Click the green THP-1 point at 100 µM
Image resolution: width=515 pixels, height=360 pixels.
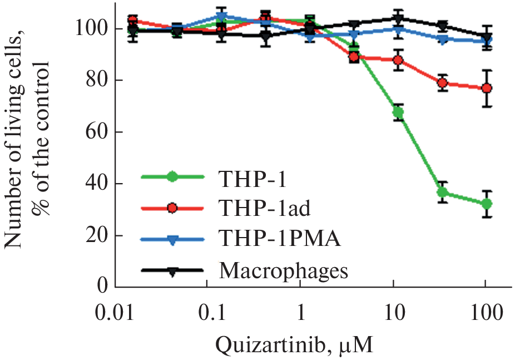pyautogui.click(x=487, y=204)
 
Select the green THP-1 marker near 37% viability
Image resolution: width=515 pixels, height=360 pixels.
pyautogui.click(x=442, y=193)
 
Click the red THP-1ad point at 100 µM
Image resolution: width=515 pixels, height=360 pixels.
pyautogui.click(x=487, y=88)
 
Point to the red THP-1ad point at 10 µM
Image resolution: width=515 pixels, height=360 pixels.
pyautogui.click(x=398, y=60)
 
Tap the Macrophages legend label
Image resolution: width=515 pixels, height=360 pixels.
pyautogui.click(x=284, y=272)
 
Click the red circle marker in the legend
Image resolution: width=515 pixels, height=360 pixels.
pyautogui.click(x=172, y=208)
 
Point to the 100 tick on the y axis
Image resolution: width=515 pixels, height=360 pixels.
pyautogui.click(x=92, y=29)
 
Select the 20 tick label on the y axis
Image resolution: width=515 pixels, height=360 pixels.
pyautogui.click(x=97, y=236)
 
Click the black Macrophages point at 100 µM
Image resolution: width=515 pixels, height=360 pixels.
pyautogui.click(x=487, y=38)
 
